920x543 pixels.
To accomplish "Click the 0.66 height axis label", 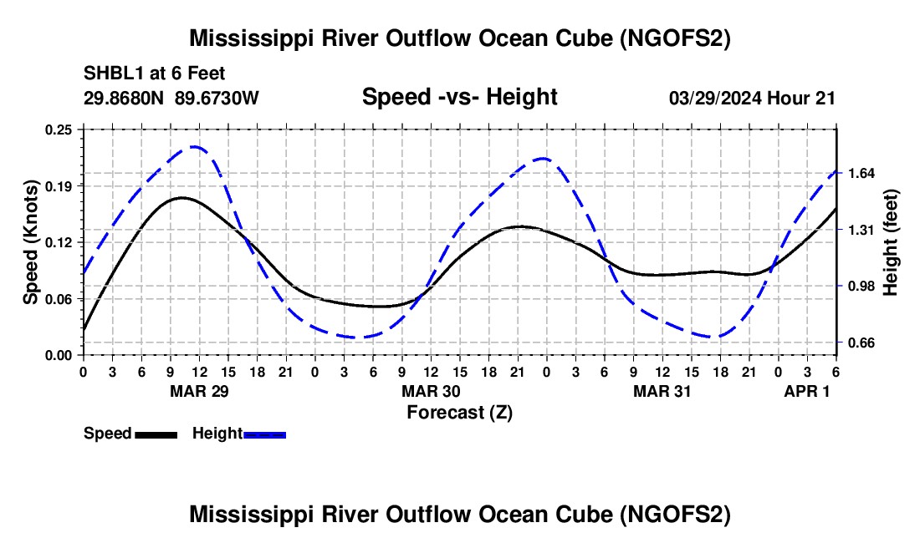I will [858, 343].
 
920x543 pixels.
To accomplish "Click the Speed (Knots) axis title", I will [31, 242].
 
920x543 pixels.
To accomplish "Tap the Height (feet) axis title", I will [891, 242].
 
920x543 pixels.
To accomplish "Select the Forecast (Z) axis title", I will [459, 412].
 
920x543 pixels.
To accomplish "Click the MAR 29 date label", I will [198, 391].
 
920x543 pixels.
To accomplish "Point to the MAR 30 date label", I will [431, 391].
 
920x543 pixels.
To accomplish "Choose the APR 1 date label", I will [807, 391].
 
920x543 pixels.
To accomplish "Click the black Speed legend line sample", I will [156, 434].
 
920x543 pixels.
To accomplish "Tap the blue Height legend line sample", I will [265, 434].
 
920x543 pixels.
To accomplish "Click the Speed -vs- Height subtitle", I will [459, 97].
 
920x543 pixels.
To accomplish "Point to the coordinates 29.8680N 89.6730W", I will [171, 98].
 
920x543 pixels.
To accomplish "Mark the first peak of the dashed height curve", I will [195, 147].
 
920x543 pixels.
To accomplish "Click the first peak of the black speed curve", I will [181, 197].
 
